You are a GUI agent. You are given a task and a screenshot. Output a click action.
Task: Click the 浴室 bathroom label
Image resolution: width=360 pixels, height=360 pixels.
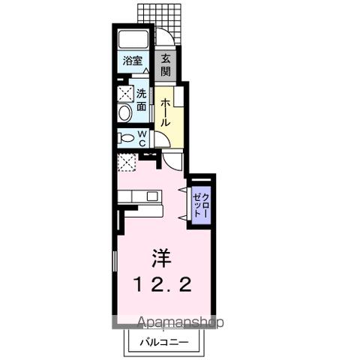[x=133, y=61]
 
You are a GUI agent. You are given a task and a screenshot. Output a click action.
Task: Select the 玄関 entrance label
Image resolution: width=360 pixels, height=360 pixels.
[x=166, y=65]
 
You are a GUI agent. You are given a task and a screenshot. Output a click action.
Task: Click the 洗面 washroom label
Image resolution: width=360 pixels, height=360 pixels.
[x=141, y=100]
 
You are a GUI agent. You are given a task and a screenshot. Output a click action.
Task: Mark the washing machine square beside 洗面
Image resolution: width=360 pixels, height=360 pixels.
[x=124, y=94]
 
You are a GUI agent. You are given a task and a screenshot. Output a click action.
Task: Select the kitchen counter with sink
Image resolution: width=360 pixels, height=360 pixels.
[x=138, y=196]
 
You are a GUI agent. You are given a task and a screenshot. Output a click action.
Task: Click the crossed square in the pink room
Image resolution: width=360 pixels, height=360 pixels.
[x=127, y=161]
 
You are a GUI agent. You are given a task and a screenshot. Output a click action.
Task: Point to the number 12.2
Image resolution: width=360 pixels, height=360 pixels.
[x=163, y=284]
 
